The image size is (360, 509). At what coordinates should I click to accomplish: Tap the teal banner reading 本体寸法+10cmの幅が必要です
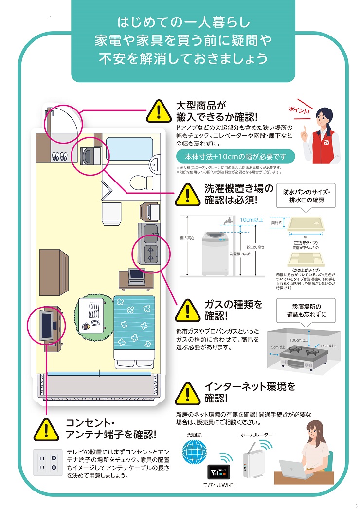click(235, 157)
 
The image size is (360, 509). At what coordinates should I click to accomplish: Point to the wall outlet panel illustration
click(47, 462)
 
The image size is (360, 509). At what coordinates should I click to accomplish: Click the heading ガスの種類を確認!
click(233, 310)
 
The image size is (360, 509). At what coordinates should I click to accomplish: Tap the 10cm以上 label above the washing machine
click(252, 220)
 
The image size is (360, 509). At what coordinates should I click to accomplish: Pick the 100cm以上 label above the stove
click(299, 340)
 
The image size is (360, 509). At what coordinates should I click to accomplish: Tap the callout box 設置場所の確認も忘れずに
click(306, 310)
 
